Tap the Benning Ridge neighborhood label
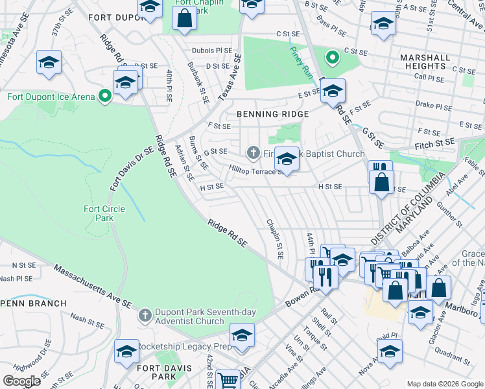click(272, 113)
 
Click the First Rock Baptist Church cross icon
click(254, 154)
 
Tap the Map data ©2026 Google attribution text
click(444, 384)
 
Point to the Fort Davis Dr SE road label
click(131, 168)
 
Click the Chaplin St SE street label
click(276, 239)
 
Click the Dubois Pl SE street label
click(211, 50)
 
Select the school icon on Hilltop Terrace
click(286, 158)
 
